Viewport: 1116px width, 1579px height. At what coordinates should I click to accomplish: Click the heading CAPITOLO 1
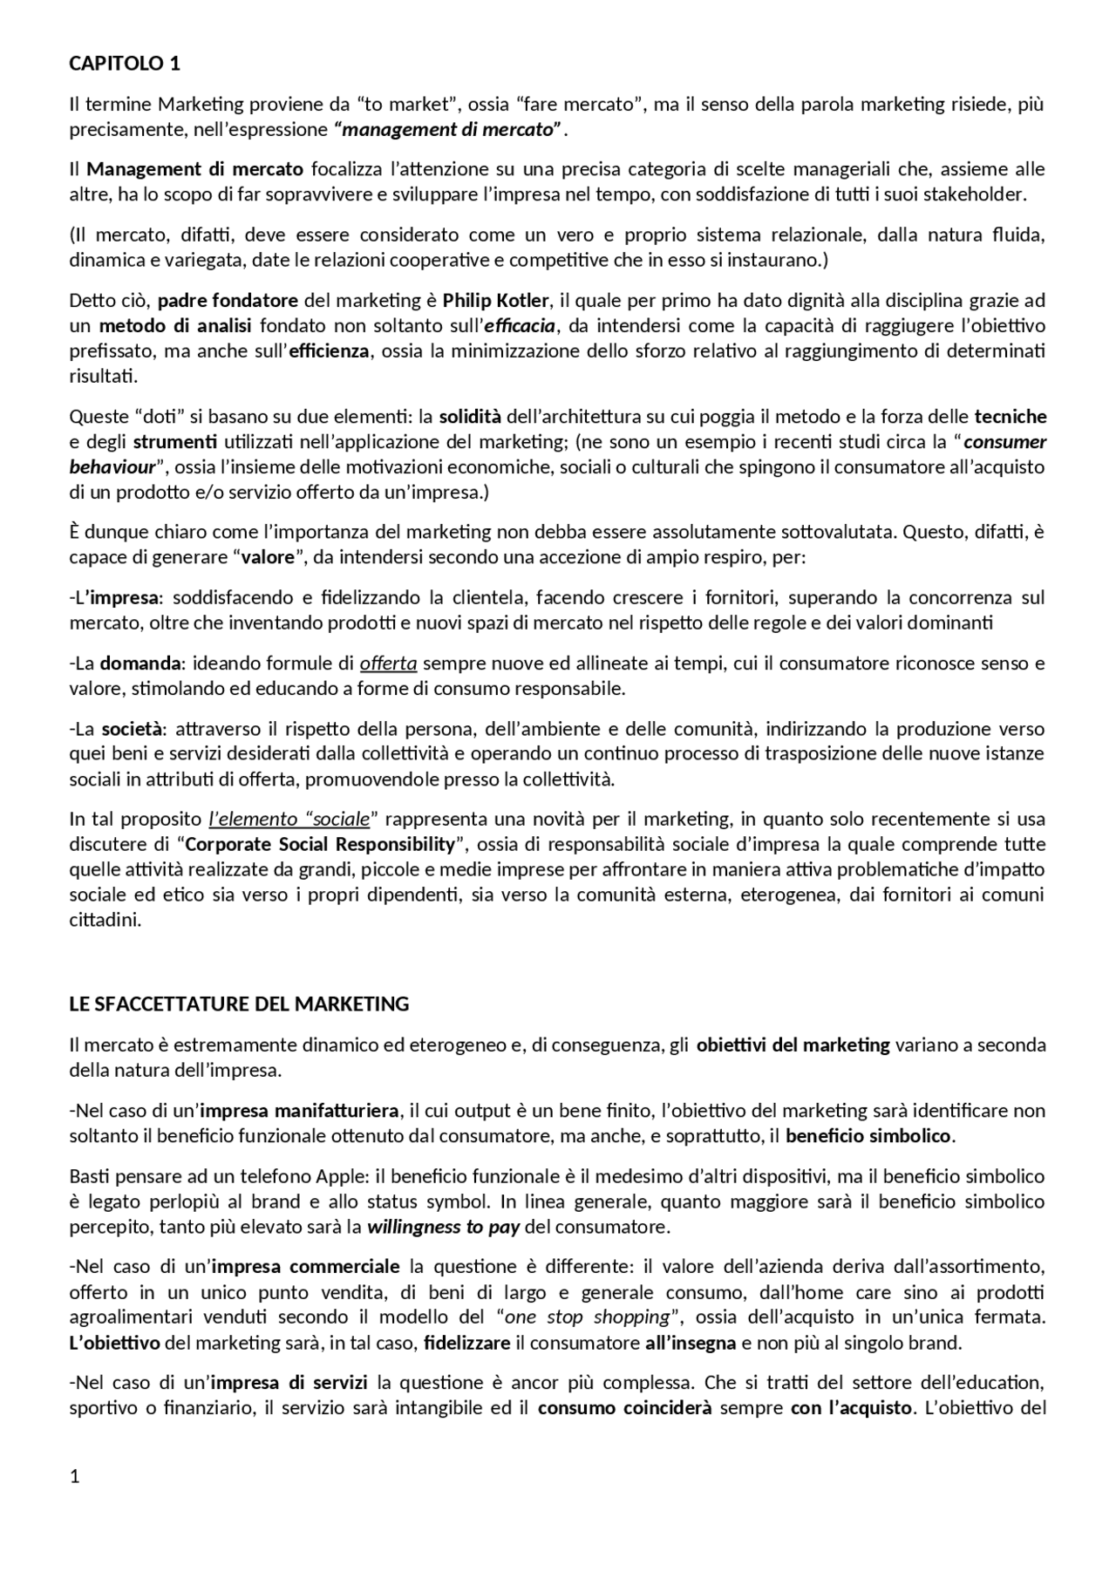(x=125, y=64)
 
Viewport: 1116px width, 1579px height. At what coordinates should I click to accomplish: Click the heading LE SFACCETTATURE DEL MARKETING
(x=239, y=1004)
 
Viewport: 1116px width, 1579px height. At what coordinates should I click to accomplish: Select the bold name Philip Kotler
(x=495, y=301)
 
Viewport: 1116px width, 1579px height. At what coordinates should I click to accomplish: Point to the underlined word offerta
(x=388, y=664)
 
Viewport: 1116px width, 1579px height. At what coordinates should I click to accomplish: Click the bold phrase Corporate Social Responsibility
(x=320, y=844)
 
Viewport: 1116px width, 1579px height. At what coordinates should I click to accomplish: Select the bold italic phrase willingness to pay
(x=443, y=1228)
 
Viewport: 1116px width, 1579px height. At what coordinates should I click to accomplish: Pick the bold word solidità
(x=470, y=417)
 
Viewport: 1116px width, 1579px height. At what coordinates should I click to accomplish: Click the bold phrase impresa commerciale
(x=305, y=1266)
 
